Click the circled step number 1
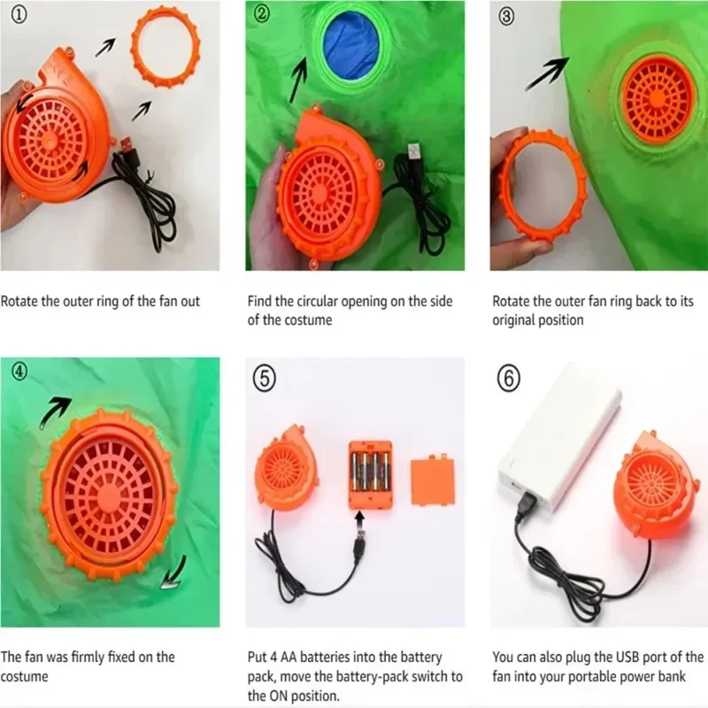tap(19, 14)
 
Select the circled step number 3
tap(506, 16)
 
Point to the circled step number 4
tap(19, 371)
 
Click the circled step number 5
tap(265, 378)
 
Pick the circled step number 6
tap(509, 378)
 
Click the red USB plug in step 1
tap(126, 147)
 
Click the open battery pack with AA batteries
tap(370, 474)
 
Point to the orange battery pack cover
tap(432, 481)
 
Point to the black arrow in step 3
tap(547, 73)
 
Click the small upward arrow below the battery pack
tap(359, 518)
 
